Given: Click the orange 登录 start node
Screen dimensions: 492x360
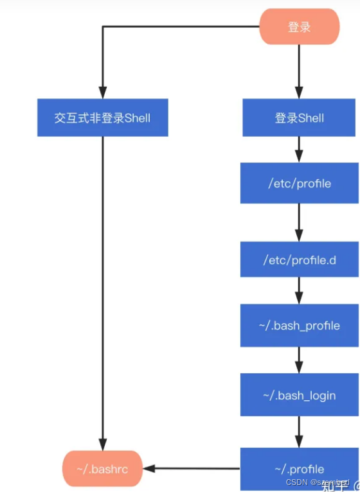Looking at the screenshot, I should point(299,26).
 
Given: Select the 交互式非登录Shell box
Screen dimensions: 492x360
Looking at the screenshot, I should point(103,118).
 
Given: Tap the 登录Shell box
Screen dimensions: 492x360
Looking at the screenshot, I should point(299,118).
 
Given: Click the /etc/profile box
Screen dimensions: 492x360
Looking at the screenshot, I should point(299,183).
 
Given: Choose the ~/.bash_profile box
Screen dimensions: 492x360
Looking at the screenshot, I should point(299,325).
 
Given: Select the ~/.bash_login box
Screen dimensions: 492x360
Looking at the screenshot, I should point(299,394).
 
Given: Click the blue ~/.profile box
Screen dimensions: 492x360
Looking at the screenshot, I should point(299,469).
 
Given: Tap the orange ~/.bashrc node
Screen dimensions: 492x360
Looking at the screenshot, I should point(102,469).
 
